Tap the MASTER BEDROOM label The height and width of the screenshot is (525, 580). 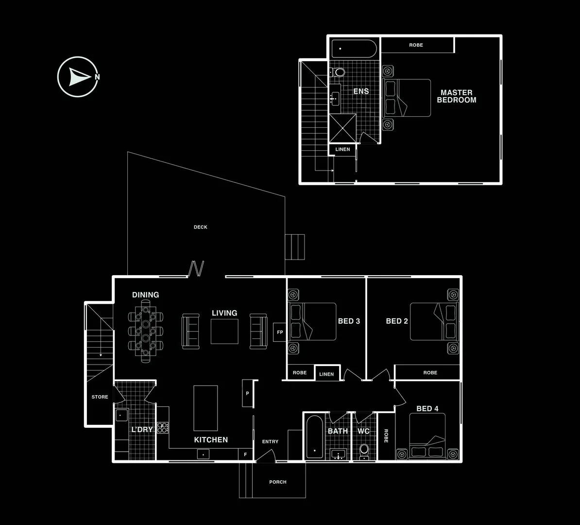coord(456,96)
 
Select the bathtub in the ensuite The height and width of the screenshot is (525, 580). coord(354,49)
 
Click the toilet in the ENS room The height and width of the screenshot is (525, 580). coord(339,72)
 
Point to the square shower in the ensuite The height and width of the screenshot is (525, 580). coord(342,127)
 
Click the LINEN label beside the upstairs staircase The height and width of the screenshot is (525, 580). coord(342,149)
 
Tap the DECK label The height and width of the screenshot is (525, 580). coord(200,227)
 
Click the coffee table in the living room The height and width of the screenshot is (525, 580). coord(224,331)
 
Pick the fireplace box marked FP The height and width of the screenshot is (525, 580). coord(280,332)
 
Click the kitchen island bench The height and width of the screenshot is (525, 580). coord(205,408)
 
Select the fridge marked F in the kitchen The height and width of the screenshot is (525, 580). coord(245,455)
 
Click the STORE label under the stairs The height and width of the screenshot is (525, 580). coord(100,397)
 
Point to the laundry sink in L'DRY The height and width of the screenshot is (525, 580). coord(121,415)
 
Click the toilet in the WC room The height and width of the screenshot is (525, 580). coord(364,450)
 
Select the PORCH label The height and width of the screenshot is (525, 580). coord(278,482)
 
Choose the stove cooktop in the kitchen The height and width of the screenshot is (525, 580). coord(163,428)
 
